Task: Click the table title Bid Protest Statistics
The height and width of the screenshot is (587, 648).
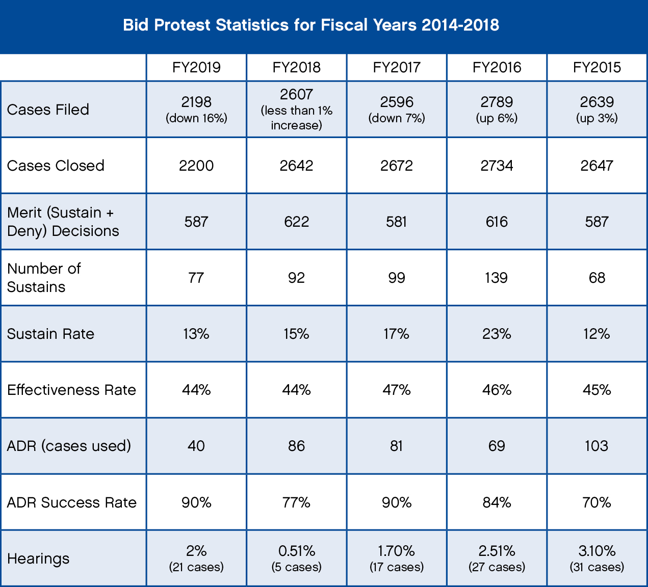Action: coord(311,25)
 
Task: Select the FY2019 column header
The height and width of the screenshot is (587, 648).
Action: coord(196,67)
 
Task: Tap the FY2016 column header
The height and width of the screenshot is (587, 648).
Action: coord(497,67)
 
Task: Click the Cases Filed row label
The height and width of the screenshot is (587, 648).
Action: coord(48,110)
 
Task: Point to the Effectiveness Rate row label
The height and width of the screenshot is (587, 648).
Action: coord(71,390)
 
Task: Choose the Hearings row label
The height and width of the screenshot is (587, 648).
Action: coord(38,558)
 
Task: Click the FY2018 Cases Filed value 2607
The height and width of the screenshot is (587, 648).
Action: coord(296,95)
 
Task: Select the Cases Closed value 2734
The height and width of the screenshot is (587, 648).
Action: coord(497,166)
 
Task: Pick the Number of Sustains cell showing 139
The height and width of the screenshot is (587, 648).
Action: coord(497,278)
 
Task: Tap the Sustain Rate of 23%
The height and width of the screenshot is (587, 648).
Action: coord(497,334)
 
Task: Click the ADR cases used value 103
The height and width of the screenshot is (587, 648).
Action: coord(597,446)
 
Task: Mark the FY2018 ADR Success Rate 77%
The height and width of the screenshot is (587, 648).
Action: coord(296,502)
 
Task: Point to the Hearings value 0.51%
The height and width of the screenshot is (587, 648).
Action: coord(296,551)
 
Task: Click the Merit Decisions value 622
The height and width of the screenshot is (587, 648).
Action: coord(296,222)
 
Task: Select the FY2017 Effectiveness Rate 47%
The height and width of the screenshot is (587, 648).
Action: coord(397,390)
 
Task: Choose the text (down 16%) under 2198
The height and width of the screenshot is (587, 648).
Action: coord(196,118)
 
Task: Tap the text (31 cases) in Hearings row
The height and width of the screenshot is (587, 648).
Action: coord(597,567)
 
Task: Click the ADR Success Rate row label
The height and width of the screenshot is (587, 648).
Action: coord(71,502)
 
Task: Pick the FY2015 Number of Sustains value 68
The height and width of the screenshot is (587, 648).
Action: coord(597,278)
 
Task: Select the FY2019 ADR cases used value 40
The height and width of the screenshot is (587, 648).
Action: coord(196,446)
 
